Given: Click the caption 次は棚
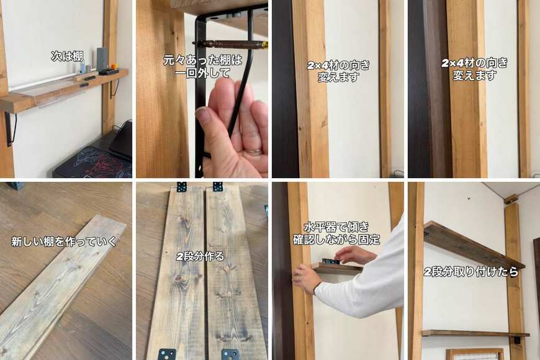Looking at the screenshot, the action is [67, 56].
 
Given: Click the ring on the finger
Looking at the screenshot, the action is [254, 151].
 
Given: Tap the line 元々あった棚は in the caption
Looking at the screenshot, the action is [202, 60].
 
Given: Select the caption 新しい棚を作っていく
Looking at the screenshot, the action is [65, 241].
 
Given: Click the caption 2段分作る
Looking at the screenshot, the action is [200, 256].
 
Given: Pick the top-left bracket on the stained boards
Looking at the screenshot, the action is [181, 187].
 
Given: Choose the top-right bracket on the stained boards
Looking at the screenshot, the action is [217, 187].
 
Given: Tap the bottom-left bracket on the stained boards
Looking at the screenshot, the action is [167, 354].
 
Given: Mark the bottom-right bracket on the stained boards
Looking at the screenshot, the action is [230, 354].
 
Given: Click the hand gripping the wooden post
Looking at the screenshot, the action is [304, 278].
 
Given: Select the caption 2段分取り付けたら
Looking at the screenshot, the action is [470, 272].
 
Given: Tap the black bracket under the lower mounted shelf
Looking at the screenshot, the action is [517, 340].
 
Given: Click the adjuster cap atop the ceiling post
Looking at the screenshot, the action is [510, 199].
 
